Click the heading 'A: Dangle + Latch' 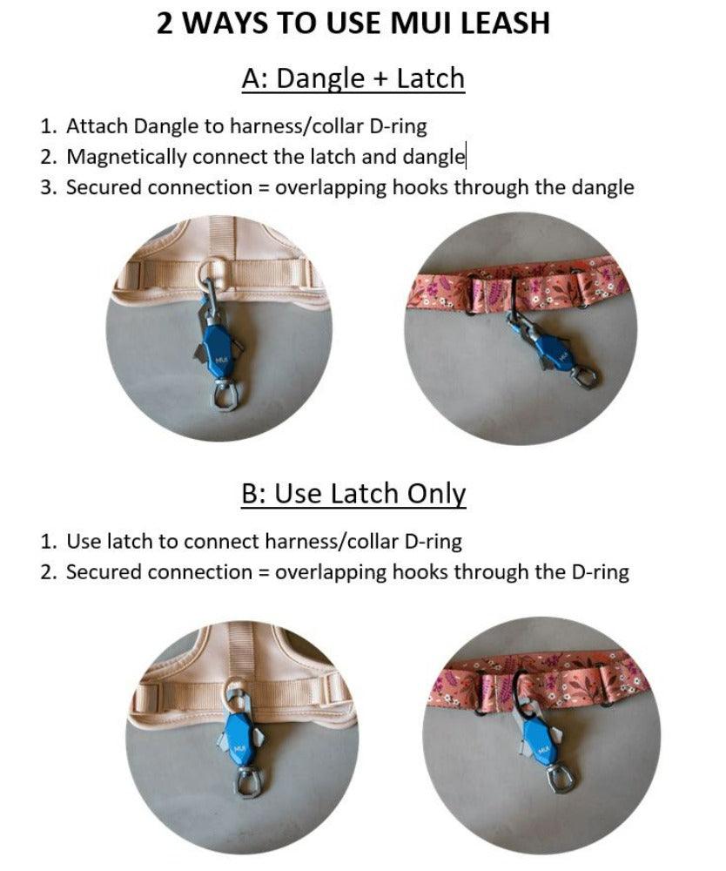353,78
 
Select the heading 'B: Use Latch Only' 353,494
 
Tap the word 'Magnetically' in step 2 126,157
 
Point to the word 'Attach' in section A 97,126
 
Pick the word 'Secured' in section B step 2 104,572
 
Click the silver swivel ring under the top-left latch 225,395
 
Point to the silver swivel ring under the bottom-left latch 249,781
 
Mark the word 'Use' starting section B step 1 83,541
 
